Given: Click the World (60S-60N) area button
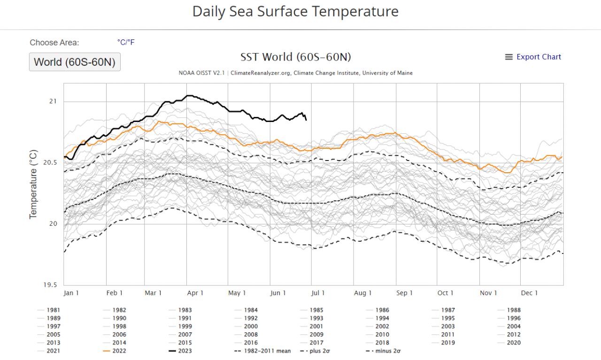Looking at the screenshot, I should pyautogui.click(x=75, y=62).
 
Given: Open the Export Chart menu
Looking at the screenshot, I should pyautogui.click(x=533, y=57).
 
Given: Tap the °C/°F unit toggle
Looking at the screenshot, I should pyautogui.click(x=126, y=42).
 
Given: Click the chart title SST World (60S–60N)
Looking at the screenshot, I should pyautogui.click(x=295, y=57).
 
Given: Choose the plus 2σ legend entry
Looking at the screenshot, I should pyautogui.click(x=319, y=351).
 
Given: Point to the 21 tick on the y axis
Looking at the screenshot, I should pyautogui.click(x=53, y=101).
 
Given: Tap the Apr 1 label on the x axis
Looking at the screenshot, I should pyautogui.click(x=195, y=293).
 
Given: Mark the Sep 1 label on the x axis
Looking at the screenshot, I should pyautogui.click(x=404, y=293).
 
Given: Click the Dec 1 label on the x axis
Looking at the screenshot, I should pyautogui.click(x=529, y=293).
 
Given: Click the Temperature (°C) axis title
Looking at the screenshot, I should pyautogui.click(x=33, y=184).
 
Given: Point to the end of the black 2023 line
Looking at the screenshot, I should pyautogui.click(x=306, y=120).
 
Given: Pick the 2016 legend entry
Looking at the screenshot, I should pyautogui.click(x=250, y=343).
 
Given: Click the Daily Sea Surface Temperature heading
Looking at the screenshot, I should pyautogui.click(x=295, y=12).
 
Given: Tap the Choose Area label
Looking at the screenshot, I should pyautogui.click(x=54, y=43).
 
